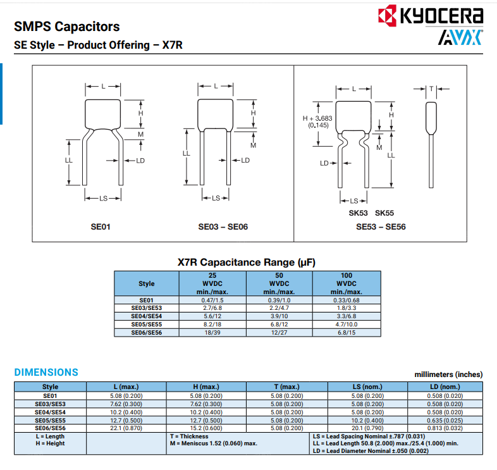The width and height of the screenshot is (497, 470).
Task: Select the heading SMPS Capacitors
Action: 66,27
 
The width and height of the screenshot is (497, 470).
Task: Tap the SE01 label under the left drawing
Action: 101,226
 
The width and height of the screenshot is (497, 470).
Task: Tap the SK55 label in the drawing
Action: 384,213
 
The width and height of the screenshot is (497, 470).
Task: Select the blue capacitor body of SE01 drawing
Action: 103,113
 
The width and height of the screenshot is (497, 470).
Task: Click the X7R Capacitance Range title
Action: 247,262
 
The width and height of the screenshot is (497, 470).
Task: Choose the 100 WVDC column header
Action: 347,283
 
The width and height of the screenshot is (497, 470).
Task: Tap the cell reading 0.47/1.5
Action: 212,300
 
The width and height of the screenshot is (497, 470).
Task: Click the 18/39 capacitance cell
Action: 212,333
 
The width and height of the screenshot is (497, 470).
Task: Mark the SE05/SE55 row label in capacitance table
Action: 146,325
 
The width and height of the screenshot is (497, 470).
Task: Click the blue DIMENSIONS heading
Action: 46,373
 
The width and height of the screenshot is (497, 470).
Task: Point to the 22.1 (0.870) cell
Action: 126,428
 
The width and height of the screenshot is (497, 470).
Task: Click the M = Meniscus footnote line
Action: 213,443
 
